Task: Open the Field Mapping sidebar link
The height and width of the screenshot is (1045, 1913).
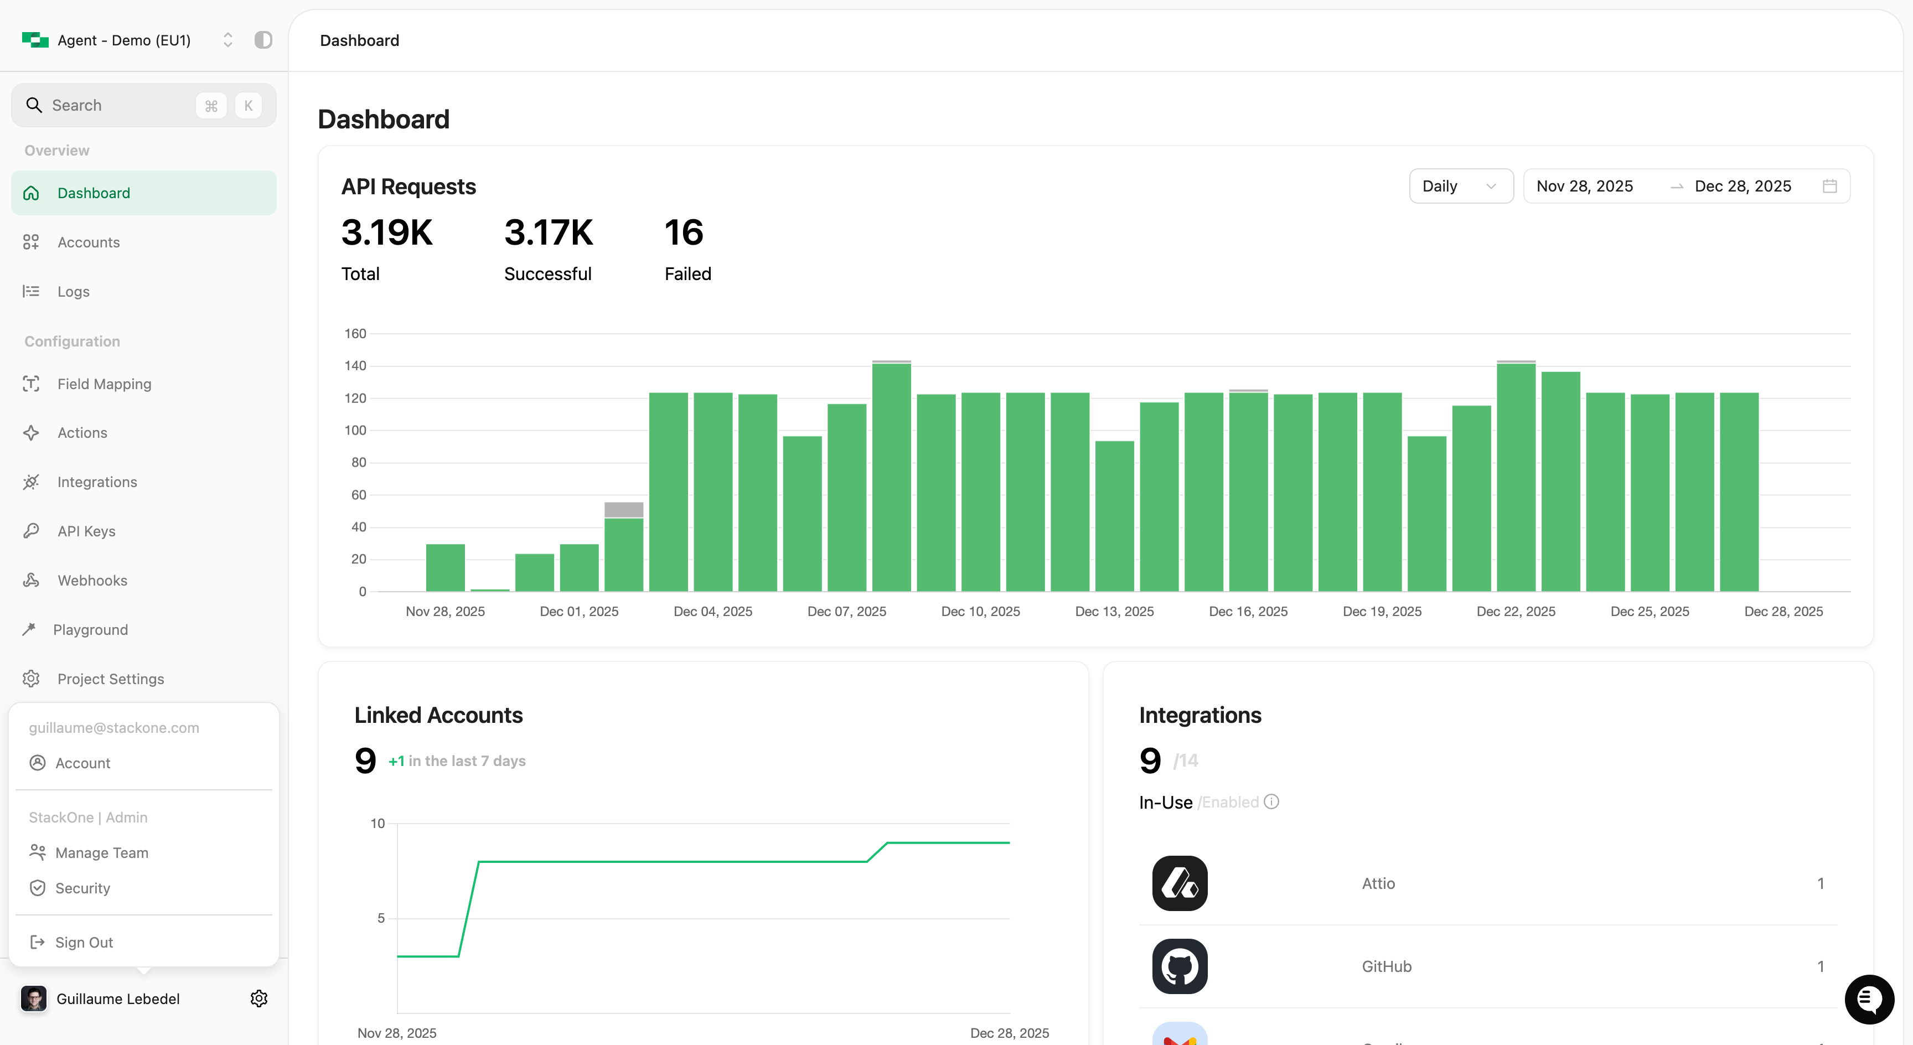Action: pyautogui.click(x=104, y=384)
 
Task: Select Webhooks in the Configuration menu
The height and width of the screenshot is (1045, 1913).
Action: pyautogui.click(x=92, y=581)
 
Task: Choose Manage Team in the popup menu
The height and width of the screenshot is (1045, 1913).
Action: pyautogui.click(x=102, y=852)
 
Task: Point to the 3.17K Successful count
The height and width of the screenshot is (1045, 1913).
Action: pyautogui.click(x=549, y=232)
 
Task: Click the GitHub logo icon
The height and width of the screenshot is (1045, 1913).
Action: pyautogui.click(x=1179, y=966)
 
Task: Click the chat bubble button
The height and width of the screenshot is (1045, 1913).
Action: pyautogui.click(x=1869, y=1000)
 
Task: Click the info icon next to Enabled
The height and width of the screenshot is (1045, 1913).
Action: pyautogui.click(x=1271, y=802)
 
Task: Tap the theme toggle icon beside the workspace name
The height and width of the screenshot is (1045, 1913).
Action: pyautogui.click(x=263, y=40)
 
